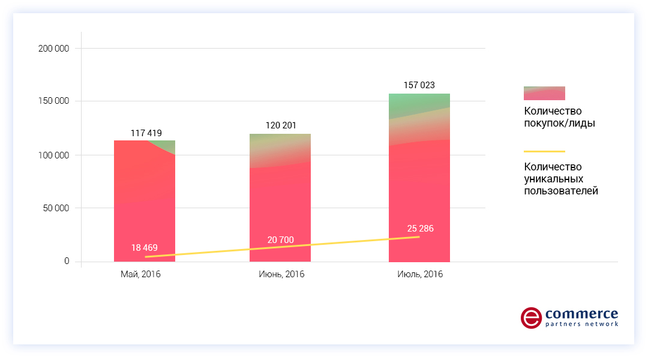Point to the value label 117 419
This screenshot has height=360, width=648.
tap(146, 133)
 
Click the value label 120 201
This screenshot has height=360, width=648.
tap(281, 125)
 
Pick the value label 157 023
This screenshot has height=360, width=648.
tap(419, 85)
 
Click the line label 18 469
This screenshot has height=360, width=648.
tap(145, 248)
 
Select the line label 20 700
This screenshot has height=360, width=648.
tap(281, 240)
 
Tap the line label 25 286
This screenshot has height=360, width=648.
tap(419, 229)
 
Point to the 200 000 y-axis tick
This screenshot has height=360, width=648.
tap(53, 49)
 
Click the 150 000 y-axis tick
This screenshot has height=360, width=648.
tap(53, 101)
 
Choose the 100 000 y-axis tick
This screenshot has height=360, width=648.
tap(53, 155)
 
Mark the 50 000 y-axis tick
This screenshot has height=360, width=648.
tap(56, 208)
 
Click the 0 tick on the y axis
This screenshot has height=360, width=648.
tap(67, 262)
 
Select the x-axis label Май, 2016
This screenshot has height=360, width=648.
tap(140, 274)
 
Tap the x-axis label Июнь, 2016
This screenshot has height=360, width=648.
tap(281, 274)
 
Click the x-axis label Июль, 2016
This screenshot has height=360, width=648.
tap(419, 274)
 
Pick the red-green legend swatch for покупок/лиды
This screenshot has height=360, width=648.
tap(544, 93)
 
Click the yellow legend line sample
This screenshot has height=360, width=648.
tap(544, 152)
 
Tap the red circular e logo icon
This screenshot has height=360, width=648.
tap(530, 317)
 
